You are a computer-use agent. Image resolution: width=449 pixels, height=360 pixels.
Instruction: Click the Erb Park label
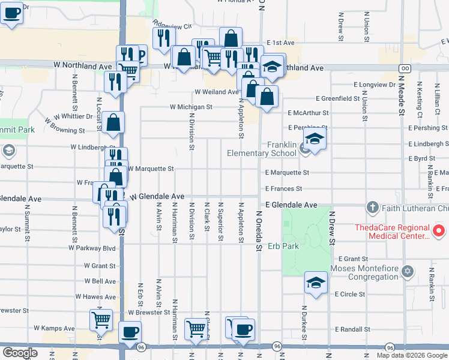pos(283,246)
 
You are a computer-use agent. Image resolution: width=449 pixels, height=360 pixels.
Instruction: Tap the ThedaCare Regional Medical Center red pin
pos(439,231)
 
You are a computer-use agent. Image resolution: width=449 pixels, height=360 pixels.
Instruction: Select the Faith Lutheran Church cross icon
pos(372,208)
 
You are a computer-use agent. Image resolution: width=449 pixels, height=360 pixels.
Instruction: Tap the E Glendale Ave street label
pos(291,205)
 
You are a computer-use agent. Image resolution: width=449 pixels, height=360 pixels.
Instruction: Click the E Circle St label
pos(352,294)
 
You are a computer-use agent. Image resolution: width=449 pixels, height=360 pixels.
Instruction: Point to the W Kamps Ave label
pos(54,328)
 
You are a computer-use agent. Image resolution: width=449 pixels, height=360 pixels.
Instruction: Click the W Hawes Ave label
pos(95,296)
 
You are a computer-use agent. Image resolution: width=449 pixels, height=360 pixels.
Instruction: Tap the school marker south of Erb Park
pos(316,283)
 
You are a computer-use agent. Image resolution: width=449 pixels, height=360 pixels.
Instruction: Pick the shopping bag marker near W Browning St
pos(113,123)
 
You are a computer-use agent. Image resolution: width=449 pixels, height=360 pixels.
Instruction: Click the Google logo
pos(20,353)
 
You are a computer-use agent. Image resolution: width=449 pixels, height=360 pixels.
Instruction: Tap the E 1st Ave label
pos(280,43)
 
